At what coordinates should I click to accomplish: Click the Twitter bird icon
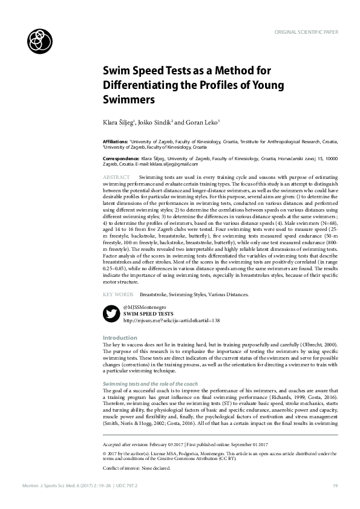[111, 314]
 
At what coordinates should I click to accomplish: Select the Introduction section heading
[120, 337]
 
